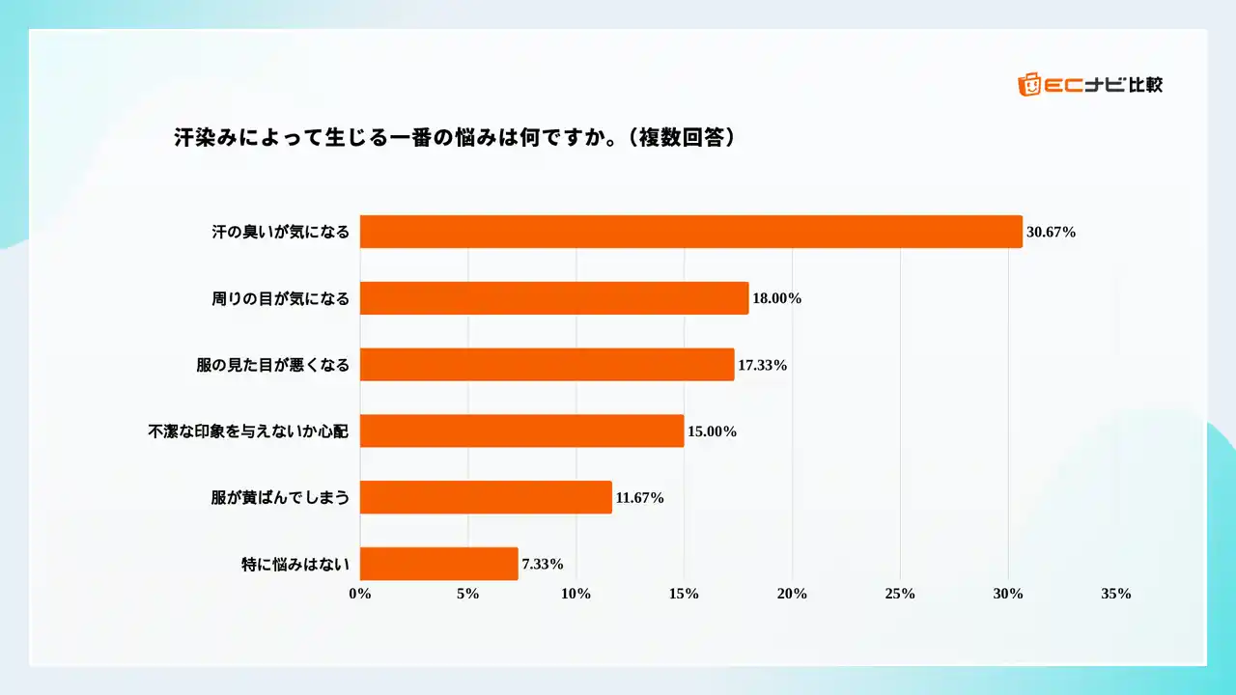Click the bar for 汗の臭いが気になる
(x=690, y=232)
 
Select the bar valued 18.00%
(x=554, y=298)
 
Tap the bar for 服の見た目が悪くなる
(x=547, y=365)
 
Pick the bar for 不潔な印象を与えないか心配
(x=522, y=431)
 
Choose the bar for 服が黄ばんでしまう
(x=486, y=497)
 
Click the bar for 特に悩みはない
(x=438, y=564)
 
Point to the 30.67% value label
(x=1051, y=233)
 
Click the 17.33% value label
(x=763, y=365)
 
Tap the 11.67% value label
(x=639, y=498)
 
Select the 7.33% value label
(x=543, y=565)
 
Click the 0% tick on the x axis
(x=360, y=594)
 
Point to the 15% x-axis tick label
(x=684, y=594)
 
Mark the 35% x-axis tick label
(x=1115, y=594)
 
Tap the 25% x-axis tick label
(x=900, y=594)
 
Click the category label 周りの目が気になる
(x=280, y=299)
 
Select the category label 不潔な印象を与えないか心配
(x=248, y=431)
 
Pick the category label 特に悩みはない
(x=295, y=565)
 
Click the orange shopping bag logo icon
(x=1029, y=85)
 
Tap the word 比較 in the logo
(x=1145, y=85)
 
